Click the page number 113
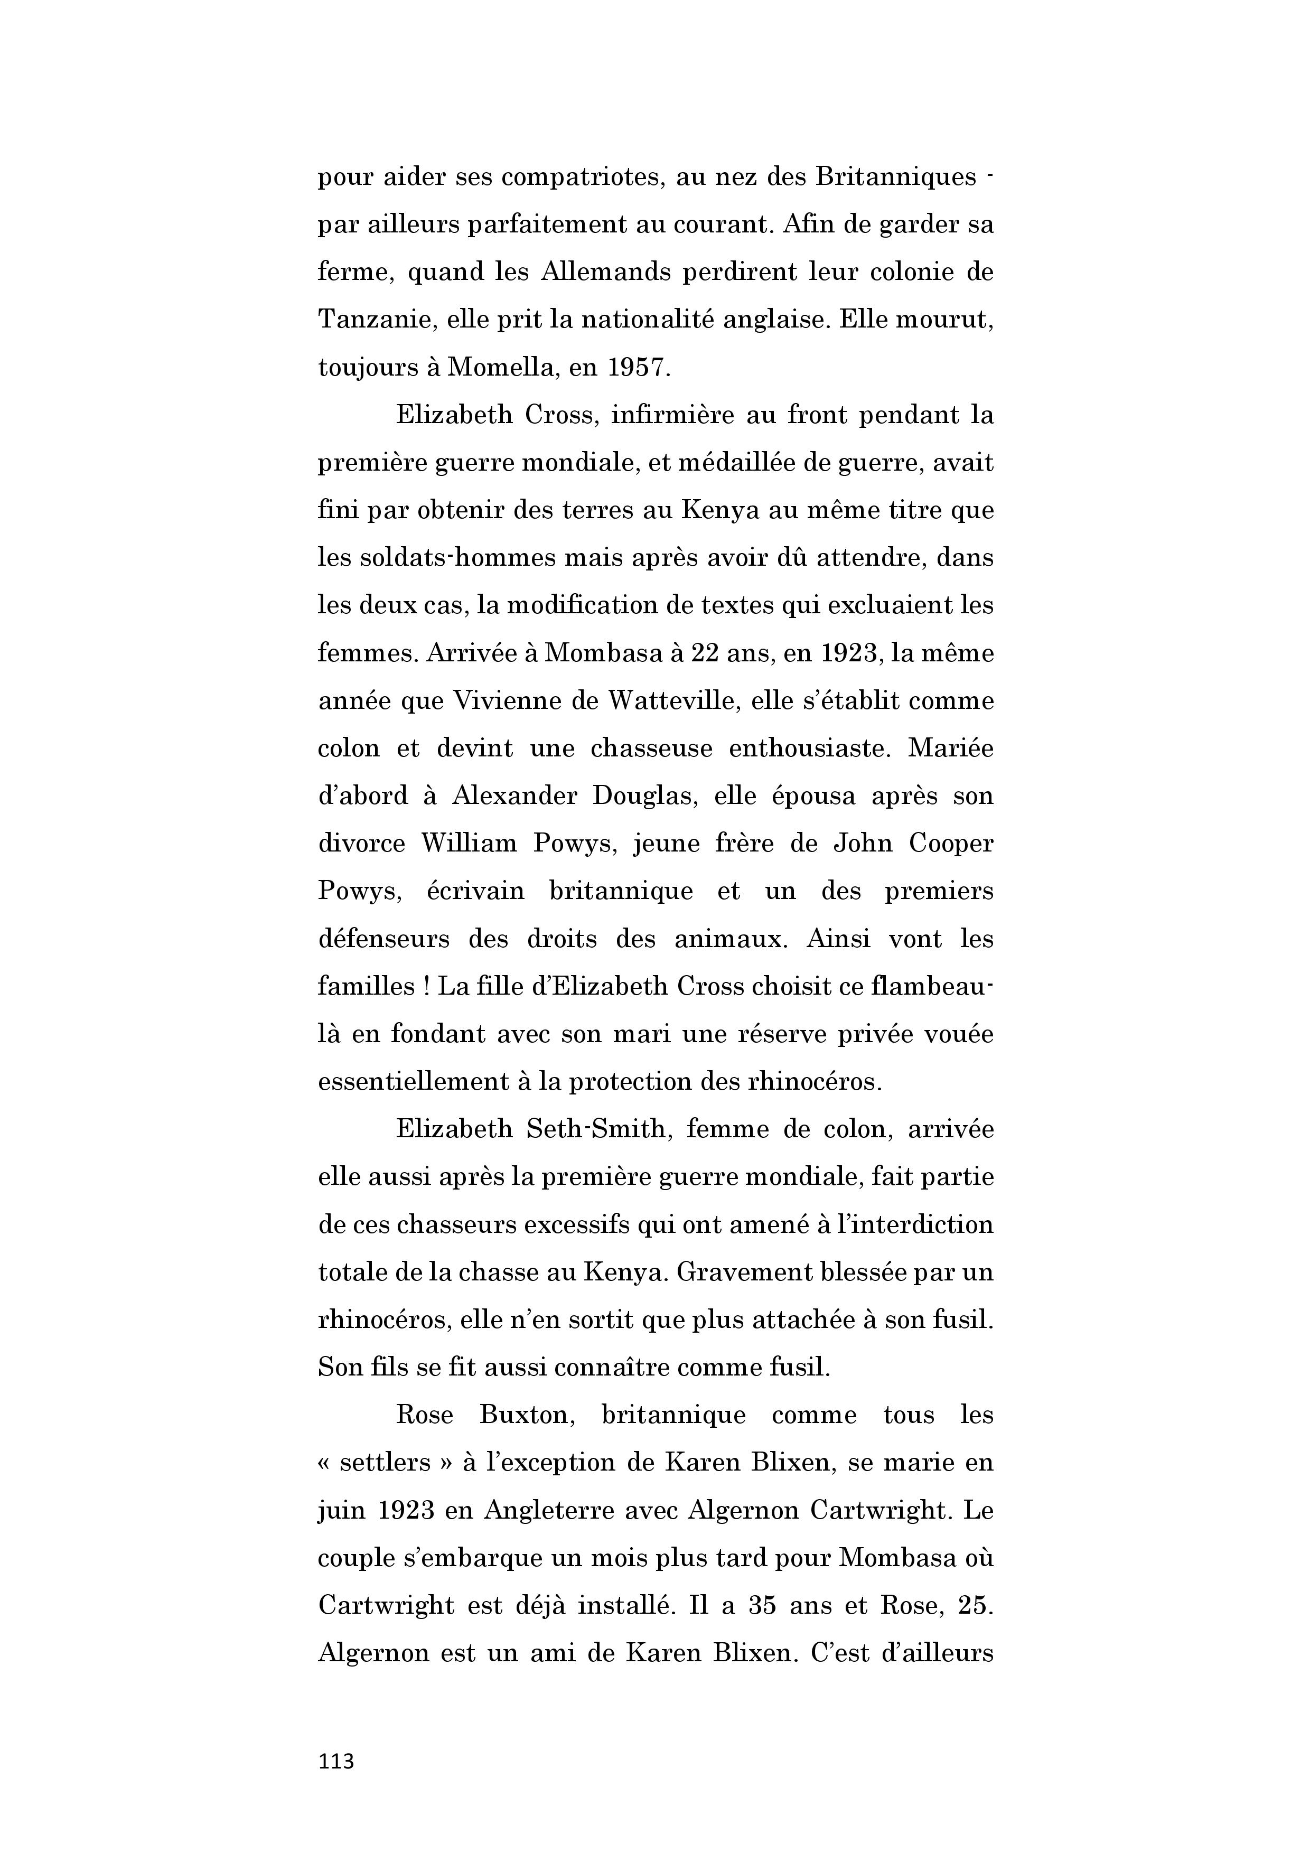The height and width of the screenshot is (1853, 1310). point(336,1761)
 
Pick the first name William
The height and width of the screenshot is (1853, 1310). point(469,844)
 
